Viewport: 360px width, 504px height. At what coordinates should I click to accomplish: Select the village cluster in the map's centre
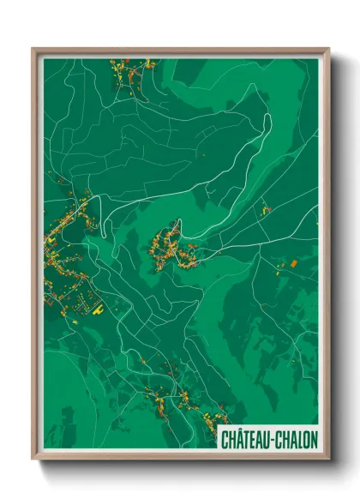tap(175, 248)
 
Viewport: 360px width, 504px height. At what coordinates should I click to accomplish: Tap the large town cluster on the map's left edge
tap(64, 249)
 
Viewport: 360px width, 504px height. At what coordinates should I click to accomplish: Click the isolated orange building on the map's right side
tap(292, 261)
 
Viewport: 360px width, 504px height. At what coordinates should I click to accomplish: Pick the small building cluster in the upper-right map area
tap(266, 209)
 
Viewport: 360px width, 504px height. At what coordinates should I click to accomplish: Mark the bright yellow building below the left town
tap(95, 302)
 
